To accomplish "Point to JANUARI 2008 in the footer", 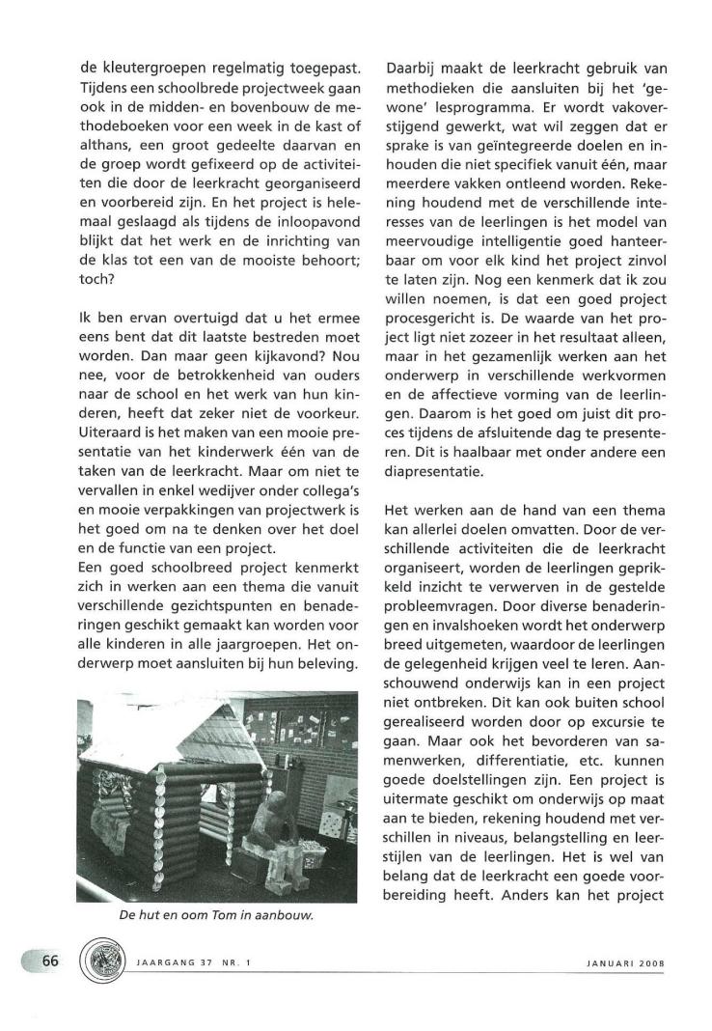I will point(626,962).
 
